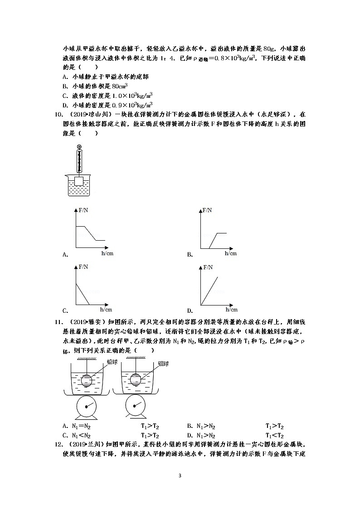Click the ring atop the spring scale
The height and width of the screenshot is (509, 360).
click(80, 146)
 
